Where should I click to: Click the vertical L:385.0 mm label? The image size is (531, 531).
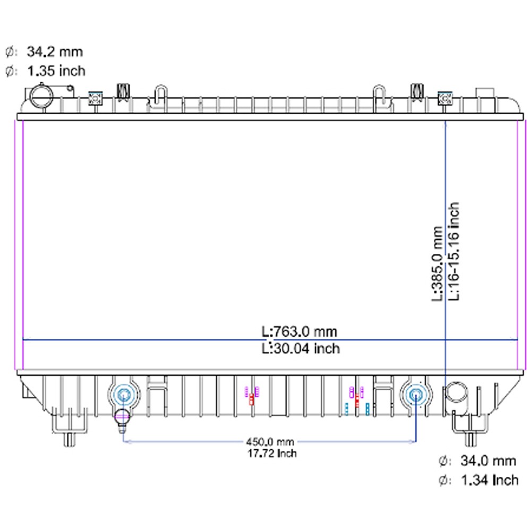pyautogui.click(x=437, y=264)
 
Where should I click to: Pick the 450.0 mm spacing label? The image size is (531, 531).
pyautogui.click(x=270, y=442)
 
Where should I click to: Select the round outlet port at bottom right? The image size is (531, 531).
pyautogui.click(x=455, y=393)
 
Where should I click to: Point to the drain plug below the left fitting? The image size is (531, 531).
pyautogui.click(x=123, y=417)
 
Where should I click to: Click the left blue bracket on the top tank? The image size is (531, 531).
pyautogui.click(x=95, y=98)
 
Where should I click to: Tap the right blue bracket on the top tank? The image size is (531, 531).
pyautogui.click(x=444, y=98)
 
